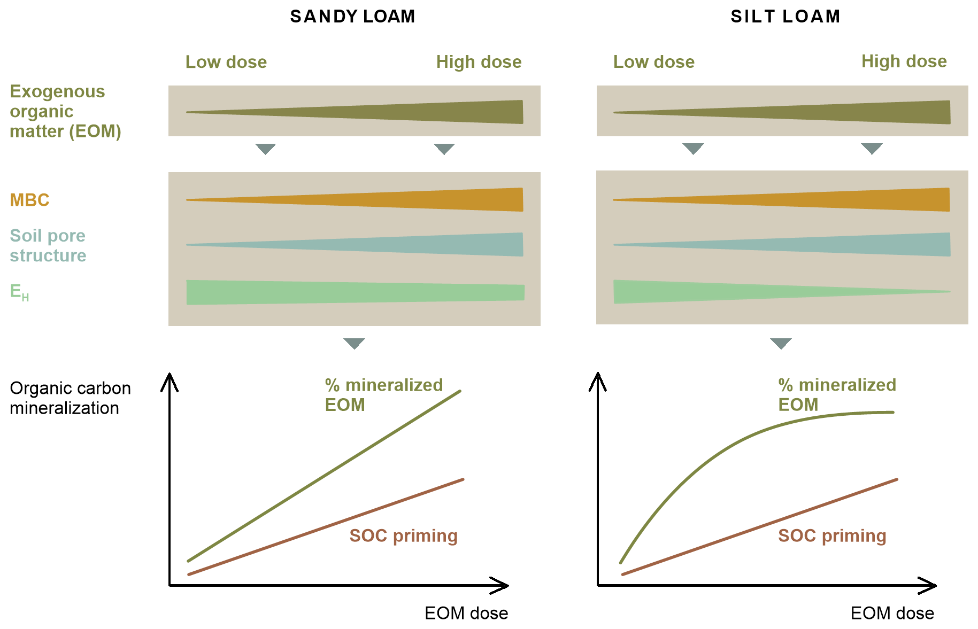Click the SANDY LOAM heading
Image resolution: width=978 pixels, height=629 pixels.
(x=352, y=17)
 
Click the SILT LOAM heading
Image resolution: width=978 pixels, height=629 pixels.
(x=786, y=17)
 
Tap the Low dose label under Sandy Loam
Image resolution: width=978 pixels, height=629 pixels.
(x=226, y=62)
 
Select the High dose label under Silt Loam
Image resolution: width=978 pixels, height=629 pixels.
(x=904, y=61)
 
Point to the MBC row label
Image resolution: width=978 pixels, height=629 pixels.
(x=30, y=200)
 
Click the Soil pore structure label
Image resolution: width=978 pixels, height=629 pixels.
(x=48, y=245)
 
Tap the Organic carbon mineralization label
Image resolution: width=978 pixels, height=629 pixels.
(x=70, y=398)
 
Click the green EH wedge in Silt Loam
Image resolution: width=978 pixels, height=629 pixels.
(x=695, y=292)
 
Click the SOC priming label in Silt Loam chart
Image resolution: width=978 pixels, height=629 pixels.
(x=832, y=535)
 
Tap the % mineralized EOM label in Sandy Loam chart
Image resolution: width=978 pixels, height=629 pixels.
(x=384, y=394)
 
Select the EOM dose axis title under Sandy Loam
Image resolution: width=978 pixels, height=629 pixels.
(x=466, y=613)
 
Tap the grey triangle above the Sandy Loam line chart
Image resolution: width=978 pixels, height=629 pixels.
(x=354, y=343)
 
